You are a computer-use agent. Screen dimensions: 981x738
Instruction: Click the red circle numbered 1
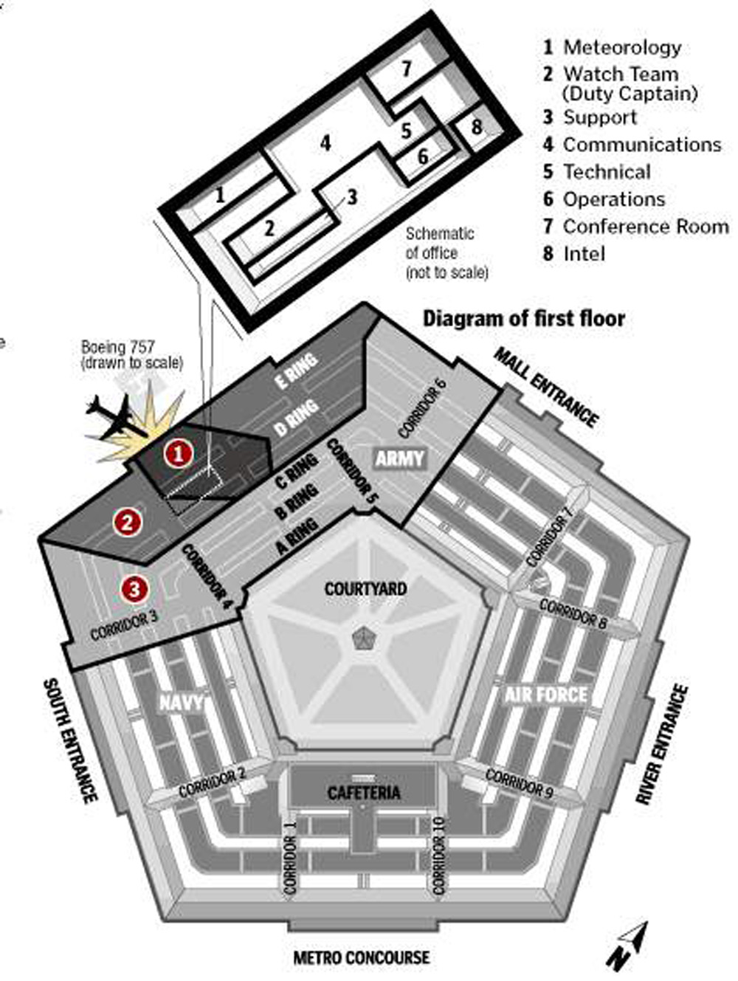point(178,452)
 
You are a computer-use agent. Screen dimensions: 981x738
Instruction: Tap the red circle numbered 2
point(128,523)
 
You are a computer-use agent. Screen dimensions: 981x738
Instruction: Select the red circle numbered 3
point(134,589)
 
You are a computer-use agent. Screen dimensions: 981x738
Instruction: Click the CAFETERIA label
point(364,793)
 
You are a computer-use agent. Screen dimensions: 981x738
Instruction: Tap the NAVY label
point(182,701)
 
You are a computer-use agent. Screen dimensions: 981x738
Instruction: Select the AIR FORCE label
point(546,695)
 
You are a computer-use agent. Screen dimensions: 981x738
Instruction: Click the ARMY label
point(400,458)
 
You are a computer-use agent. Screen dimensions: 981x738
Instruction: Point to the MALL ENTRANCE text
point(545,387)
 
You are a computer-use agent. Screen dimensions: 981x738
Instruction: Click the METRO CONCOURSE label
point(361,957)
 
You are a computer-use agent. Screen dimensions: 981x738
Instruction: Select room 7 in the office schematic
point(407,69)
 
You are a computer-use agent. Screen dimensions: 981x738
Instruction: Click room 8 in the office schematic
point(477,126)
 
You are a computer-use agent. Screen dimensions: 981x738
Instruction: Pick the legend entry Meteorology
point(621,47)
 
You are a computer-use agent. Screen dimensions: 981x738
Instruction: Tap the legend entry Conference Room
point(645,226)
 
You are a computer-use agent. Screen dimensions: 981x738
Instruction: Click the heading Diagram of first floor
point(523,318)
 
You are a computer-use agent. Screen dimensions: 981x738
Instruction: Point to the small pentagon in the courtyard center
point(362,638)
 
